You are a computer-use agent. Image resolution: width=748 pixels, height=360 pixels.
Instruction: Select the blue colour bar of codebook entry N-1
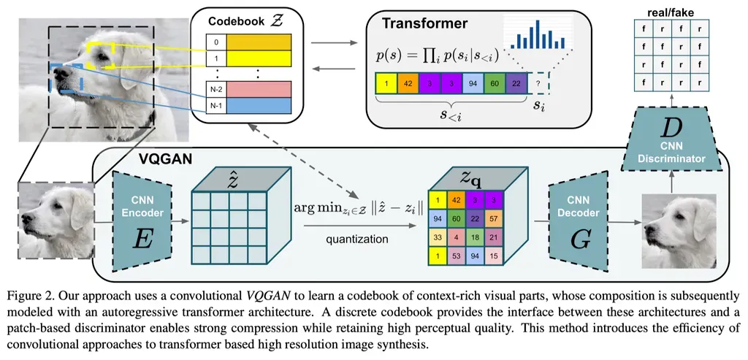(x=259, y=105)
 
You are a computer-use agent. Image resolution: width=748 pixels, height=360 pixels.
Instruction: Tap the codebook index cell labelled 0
(x=216, y=42)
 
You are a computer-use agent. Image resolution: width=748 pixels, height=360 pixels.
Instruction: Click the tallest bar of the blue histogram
(x=537, y=34)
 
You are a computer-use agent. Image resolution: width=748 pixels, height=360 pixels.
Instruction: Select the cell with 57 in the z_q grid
(x=494, y=218)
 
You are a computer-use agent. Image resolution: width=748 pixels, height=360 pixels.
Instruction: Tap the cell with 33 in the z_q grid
(x=438, y=237)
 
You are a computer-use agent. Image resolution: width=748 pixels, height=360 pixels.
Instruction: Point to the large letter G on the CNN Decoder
(x=579, y=241)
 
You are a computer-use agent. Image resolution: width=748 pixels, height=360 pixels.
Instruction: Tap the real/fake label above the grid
(x=671, y=12)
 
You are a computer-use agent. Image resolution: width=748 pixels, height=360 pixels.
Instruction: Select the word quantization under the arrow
(x=356, y=239)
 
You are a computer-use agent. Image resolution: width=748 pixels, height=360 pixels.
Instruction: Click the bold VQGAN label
(x=165, y=158)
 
